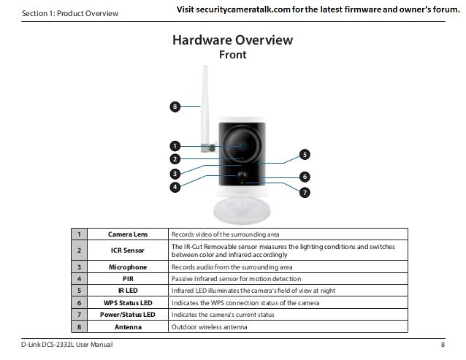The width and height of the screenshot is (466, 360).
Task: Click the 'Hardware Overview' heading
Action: [232, 40]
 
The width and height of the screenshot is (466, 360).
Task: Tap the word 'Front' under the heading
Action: [232, 55]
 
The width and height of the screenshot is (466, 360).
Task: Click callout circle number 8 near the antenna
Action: [175, 107]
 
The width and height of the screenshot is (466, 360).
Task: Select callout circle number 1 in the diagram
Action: [175, 145]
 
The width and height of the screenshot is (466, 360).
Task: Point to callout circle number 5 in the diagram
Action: [305, 154]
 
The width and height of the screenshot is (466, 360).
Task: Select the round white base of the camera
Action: [243, 210]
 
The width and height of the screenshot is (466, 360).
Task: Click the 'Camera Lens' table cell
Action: [127, 234]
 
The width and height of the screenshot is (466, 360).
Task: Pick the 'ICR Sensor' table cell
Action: [127, 250]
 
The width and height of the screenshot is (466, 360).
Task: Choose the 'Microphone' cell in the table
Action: [127, 267]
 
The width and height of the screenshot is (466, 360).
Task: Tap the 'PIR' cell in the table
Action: [127, 279]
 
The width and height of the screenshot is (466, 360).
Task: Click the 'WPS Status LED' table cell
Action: [127, 302]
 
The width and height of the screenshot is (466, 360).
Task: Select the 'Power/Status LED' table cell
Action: [127, 314]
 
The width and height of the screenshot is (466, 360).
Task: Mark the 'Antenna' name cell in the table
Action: [127, 326]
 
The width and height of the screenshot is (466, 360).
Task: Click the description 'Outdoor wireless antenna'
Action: [209, 326]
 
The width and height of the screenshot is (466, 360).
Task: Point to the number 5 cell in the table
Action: [78, 291]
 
